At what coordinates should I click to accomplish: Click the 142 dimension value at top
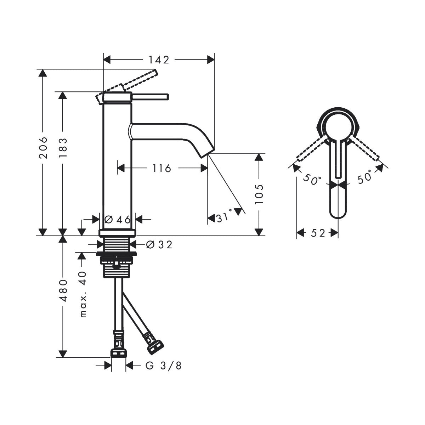tap(159, 60)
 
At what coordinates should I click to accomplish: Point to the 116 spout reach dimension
tap(162, 168)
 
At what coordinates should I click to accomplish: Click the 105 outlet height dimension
tap(260, 194)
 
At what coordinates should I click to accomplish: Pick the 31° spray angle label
tap(224, 217)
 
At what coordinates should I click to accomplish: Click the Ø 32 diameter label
tap(159, 244)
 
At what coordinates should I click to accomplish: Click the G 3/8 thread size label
tap(164, 366)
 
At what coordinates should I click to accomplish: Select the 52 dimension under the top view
tap(318, 233)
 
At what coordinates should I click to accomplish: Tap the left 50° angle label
tap(312, 179)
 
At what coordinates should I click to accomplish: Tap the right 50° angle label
tap(365, 177)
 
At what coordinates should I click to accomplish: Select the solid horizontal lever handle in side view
tap(151, 96)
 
